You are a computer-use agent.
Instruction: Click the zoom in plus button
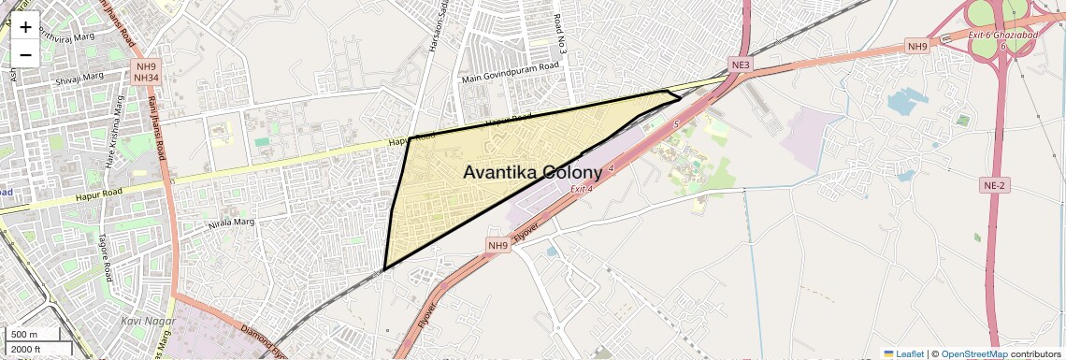point(25,27)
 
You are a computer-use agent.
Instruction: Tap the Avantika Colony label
point(532,173)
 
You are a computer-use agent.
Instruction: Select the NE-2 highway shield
point(995,186)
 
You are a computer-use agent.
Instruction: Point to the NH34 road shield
point(146,79)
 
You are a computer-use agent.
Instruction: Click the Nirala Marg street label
point(230,223)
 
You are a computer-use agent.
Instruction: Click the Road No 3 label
point(559,37)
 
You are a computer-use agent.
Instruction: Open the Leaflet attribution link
point(903,353)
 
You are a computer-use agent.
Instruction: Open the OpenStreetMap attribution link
point(974,353)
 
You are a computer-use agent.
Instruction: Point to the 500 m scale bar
point(36,334)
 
